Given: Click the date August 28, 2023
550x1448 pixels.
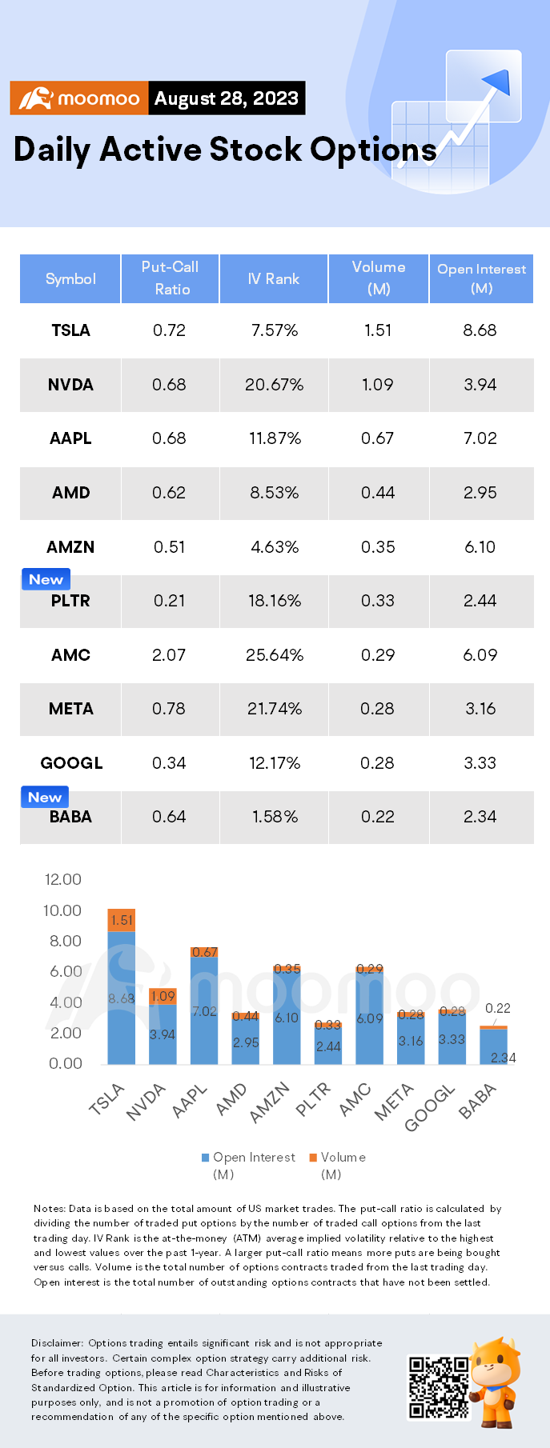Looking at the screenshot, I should tap(226, 98).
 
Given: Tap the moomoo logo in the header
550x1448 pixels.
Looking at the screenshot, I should tap(79, 98).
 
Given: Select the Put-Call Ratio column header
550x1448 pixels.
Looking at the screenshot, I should tap(170, 278).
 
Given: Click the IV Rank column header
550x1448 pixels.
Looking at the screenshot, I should tap(273, 278).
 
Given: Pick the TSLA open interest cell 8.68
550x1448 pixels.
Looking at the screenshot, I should tap(480, 330).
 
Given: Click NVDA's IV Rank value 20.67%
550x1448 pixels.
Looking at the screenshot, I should tap(274, 385).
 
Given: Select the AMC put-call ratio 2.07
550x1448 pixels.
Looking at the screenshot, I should tap(169, 655).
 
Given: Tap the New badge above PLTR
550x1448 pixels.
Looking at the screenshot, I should tap(46, 579).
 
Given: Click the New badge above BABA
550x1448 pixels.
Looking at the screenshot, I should tap(45, 797).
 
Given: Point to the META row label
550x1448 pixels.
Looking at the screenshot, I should tap(70, 709).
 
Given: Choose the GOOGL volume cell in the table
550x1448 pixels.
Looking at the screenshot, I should tap(377, 763).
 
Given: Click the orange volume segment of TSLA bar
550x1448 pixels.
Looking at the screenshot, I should tap(122, 920).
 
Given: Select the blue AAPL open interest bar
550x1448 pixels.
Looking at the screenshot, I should tap(204, 1011).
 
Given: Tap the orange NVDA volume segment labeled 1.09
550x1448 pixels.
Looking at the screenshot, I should tap(163, 996).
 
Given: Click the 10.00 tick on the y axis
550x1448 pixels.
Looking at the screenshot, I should tap(62, 910).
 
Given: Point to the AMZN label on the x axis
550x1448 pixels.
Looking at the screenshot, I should tap(269, 1103).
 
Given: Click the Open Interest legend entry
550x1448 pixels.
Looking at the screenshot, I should tap(248, 1158).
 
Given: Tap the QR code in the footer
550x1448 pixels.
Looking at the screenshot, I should tap(439, 1386).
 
